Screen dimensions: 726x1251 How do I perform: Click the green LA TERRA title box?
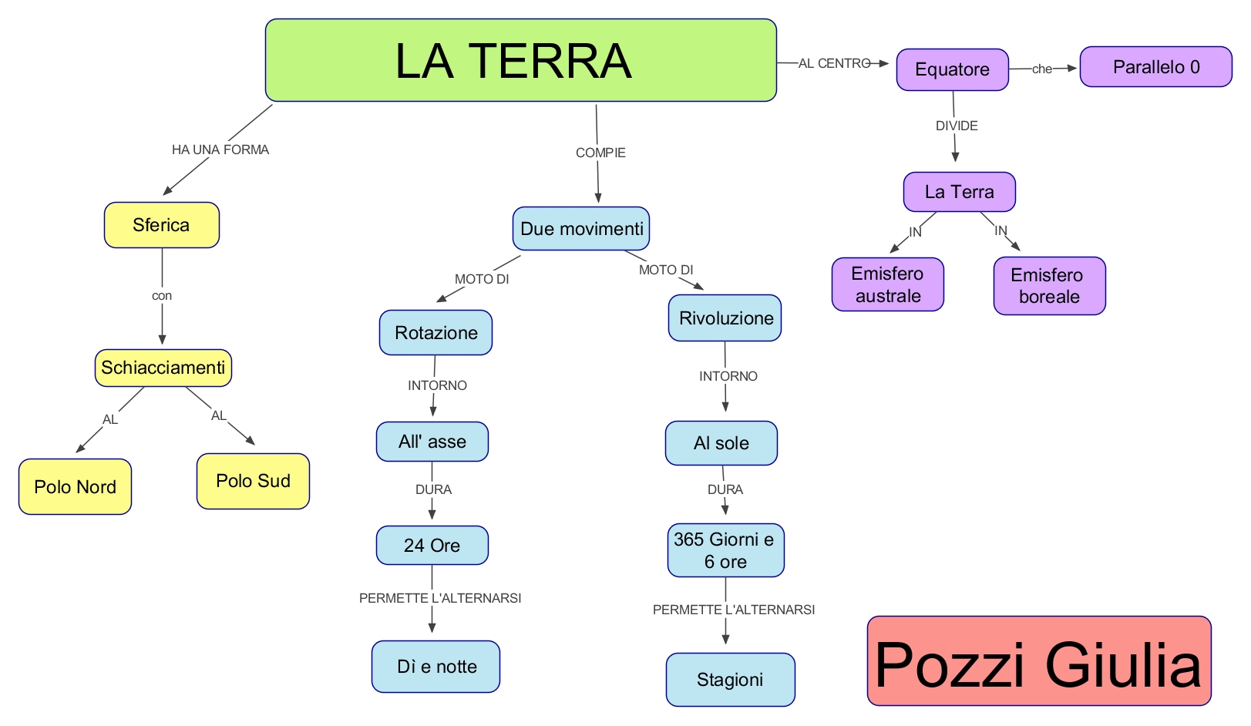[x=520, y=60]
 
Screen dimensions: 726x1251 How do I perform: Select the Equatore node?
[x=952, y=69]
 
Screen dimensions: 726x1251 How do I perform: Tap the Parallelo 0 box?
[x=1155, y=67]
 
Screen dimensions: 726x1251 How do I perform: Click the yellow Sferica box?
[x=162, y=225]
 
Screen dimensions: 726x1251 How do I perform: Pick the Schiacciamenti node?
[x=163, y=368]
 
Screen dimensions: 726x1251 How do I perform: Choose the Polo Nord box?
[x=75, y=486]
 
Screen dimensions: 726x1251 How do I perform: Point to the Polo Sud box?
[x=253, y=481]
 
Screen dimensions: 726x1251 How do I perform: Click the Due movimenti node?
[x=581, y=228]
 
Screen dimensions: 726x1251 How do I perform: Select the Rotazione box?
[x=435, y=332]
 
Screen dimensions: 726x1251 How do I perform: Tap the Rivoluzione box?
[x=725, y=318]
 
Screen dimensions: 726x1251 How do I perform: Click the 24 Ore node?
[x=432, y=545]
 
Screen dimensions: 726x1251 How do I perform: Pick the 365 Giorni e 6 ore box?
[x=725, y=550]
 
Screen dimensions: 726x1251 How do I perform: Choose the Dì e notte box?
[x=435, y=667]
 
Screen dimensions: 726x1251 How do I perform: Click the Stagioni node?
[x=730, y=680]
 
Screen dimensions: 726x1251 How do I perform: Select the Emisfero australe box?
[x=887, y=284]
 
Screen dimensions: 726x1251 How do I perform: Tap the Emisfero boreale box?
[x=1049, y=286]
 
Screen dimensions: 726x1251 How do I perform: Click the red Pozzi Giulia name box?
[x=1038, y=661]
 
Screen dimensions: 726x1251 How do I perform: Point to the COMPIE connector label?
[x=600, y=153]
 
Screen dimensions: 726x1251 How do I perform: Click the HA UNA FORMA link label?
[x=220, y=150]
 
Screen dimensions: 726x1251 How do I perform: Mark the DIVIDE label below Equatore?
[x=957, y=126]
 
